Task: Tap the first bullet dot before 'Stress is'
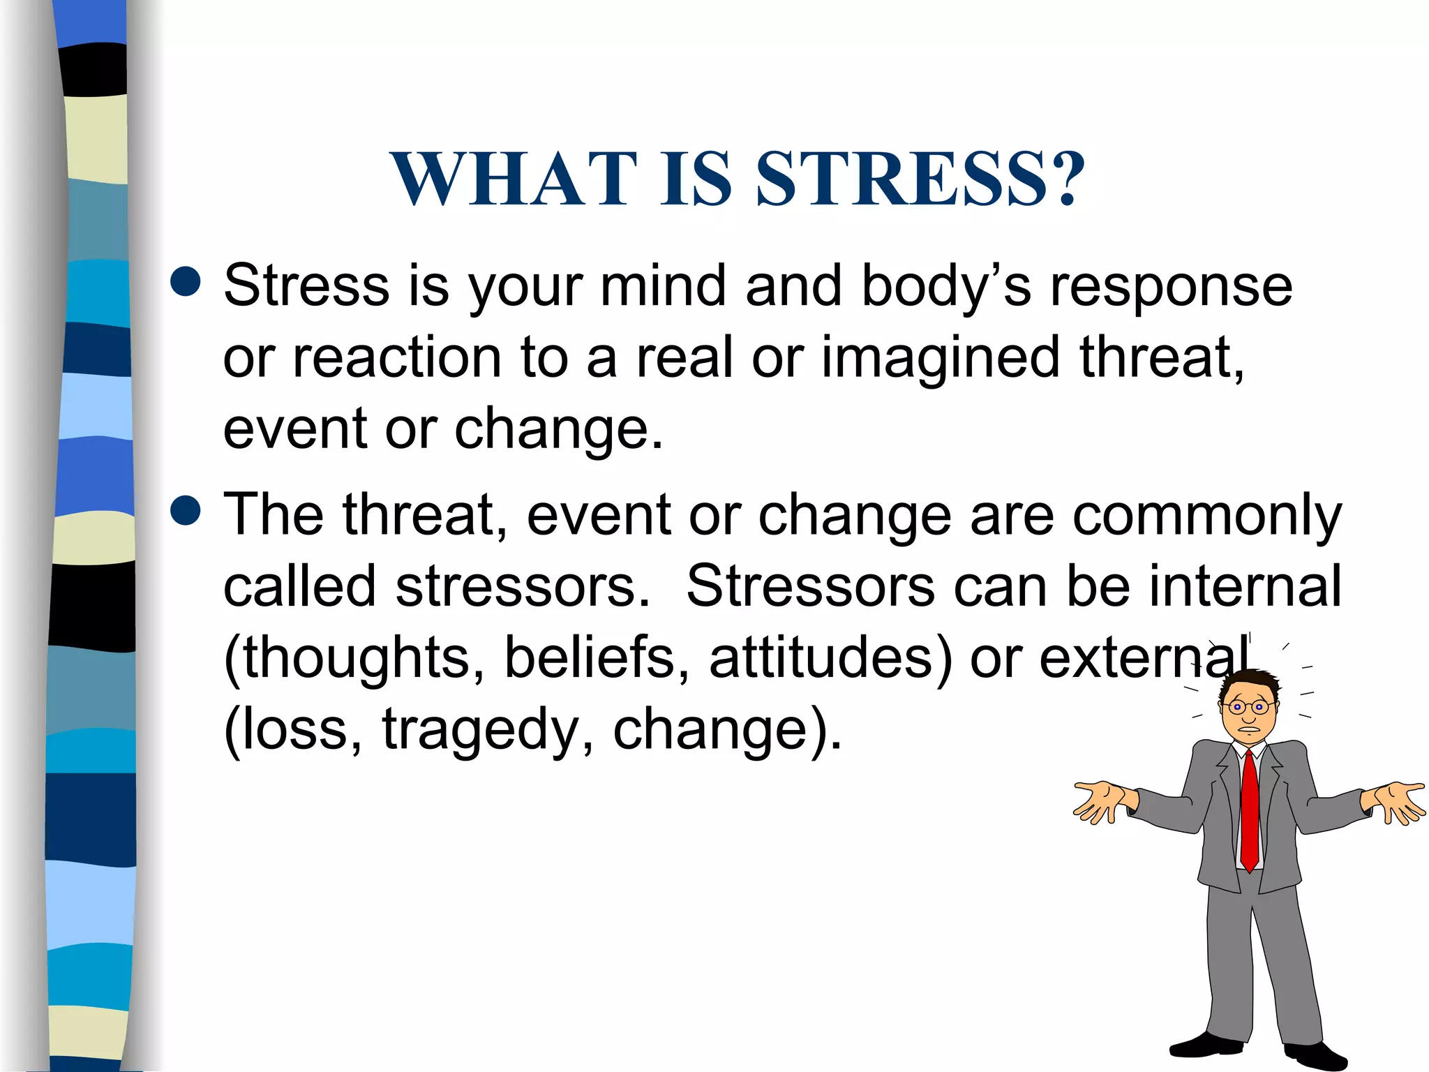186,282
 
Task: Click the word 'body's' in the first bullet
946,285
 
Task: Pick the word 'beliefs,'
597,657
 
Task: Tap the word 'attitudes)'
830,657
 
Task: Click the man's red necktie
1250,810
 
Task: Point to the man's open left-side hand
1102,801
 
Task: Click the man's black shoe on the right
1315,1054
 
